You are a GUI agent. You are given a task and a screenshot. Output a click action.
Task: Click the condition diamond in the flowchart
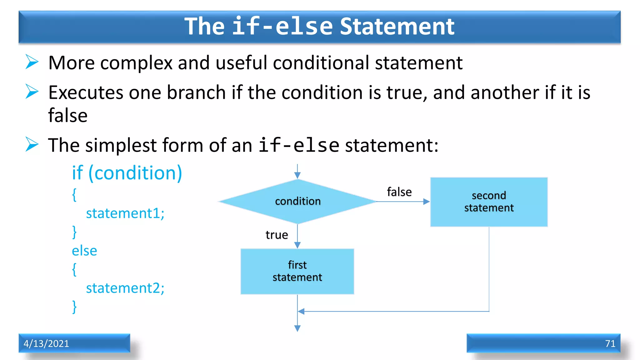[297, 201]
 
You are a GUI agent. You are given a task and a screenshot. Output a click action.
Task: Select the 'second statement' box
[489, 202]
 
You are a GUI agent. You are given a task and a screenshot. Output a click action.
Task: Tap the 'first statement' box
[297, 271]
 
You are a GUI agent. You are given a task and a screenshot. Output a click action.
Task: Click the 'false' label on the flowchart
[399, 192]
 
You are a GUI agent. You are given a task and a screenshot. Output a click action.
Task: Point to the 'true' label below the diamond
[277, 235]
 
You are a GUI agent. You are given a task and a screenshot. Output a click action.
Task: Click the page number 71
[610, 343]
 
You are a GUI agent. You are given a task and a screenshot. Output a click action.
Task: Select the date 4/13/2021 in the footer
[46, 343]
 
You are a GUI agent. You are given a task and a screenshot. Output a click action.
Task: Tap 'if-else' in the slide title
[282, 26]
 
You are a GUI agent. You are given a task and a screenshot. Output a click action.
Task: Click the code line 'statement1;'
[125, 213]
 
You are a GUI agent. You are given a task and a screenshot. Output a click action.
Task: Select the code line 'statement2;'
[125, 288]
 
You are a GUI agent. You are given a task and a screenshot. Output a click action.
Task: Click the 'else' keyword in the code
[84, 251]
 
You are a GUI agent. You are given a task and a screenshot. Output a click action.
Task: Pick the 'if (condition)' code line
[127, 173]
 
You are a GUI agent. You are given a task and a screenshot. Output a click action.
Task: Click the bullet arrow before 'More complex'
[32, 62]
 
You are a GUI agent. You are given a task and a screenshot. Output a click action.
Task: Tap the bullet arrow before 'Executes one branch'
[32, 92]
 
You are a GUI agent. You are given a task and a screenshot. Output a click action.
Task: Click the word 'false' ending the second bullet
[68, 115]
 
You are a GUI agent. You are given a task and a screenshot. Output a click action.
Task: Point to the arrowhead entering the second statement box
[427, 202]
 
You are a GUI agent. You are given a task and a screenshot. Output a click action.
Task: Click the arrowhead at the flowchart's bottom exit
[297, 328]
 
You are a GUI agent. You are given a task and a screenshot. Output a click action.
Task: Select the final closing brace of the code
[74, 307]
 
